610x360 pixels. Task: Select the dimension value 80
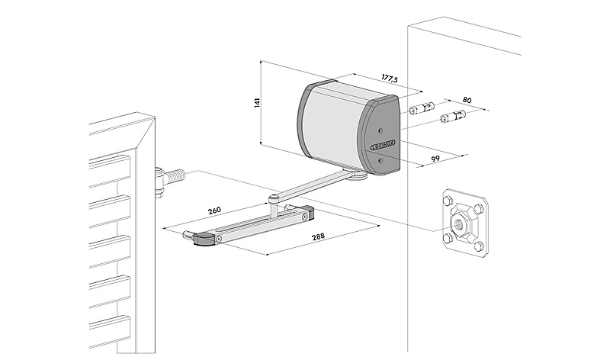(x=467, y=101)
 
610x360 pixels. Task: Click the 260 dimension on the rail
(x=215, y=211)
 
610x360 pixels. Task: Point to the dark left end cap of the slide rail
(x=203, y=239)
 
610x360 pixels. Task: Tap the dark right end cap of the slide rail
(x=305, y=214)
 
